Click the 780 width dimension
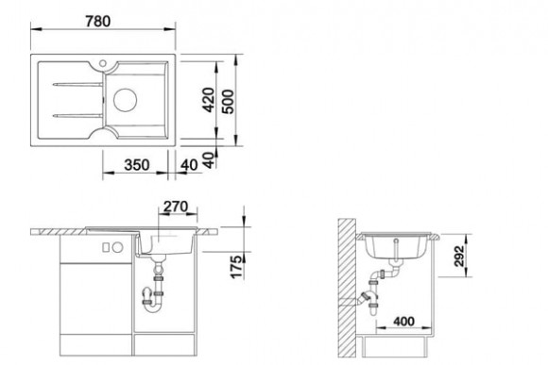point(98,22)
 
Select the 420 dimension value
point(209,100)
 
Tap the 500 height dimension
point(228,102)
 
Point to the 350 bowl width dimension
point(137,165)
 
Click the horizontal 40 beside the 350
point(189,165)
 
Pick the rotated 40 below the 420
point(209,160)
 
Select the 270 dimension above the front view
point(176,207)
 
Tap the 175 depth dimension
point(236,267)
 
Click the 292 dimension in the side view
point(459,257)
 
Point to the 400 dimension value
point(403,321)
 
